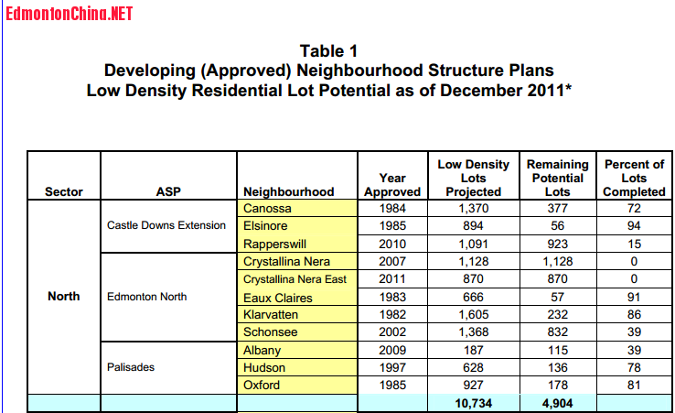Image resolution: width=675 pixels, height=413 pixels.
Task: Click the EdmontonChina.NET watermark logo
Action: tap(69, 15)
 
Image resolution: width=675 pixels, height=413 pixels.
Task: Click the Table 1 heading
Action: tap(328, 50)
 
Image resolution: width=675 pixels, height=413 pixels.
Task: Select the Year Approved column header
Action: tap(392, 184)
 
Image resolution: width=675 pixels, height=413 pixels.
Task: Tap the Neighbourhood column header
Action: tap(289, 191)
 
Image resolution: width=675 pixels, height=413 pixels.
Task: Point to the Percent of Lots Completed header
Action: tap(634, 178)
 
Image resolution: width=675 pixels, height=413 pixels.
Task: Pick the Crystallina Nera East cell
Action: tap(295, 279)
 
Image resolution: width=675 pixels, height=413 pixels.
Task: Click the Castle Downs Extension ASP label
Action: tap(166, 225)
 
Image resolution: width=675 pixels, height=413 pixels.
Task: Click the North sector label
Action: tap(64, 297)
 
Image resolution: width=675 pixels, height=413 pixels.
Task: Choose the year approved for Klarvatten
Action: tap(392, 314)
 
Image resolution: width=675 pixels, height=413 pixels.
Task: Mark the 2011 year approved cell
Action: tap(392, 279)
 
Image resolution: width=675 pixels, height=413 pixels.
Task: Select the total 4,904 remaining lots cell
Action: tap(557, 403)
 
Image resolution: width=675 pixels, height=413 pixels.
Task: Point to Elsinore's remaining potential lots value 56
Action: tap(557, 226)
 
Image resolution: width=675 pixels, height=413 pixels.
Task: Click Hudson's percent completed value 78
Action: tap(634, 367)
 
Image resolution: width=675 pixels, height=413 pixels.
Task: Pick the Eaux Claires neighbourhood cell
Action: tap(278, 298)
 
